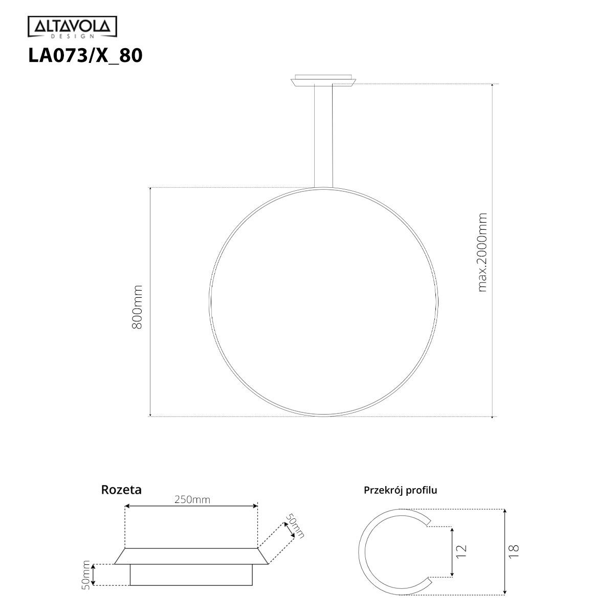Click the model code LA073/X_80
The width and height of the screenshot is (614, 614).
pyautogui.click(x=85, y=55)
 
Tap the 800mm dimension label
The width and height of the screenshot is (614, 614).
pyautogui.click(x=137, y=307)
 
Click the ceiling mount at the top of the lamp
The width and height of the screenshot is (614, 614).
pyautogui.click(x=323, y=81)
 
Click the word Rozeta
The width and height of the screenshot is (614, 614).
pyautogui.click(x=121, y=490)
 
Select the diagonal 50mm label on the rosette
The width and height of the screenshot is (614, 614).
pyautogui.click(x=295, y=526)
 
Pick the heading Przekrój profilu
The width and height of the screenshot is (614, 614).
pyautogui.click(x=400, y=490)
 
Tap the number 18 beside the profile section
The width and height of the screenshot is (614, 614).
pyautogui.click(x=514, y=551)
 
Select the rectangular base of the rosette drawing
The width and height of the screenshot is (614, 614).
pyautogui.click(x=191, y=575)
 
